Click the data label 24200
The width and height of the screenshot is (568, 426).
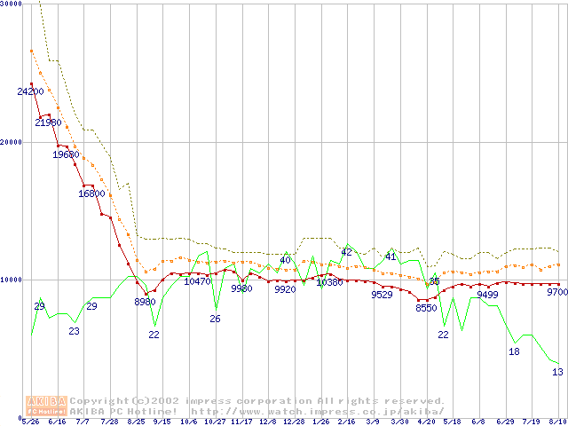30,91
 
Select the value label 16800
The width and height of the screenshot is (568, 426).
92,193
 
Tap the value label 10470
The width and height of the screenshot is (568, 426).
198,281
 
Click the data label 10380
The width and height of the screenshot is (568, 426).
329,282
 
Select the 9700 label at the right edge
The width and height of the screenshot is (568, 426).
557,292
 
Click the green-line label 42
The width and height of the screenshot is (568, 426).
347,253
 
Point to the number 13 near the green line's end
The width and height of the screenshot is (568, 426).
557,372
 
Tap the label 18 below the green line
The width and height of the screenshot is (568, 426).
514,351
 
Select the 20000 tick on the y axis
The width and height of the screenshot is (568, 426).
11,142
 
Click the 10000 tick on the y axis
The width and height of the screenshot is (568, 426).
11,280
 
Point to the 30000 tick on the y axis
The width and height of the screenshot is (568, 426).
11,4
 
